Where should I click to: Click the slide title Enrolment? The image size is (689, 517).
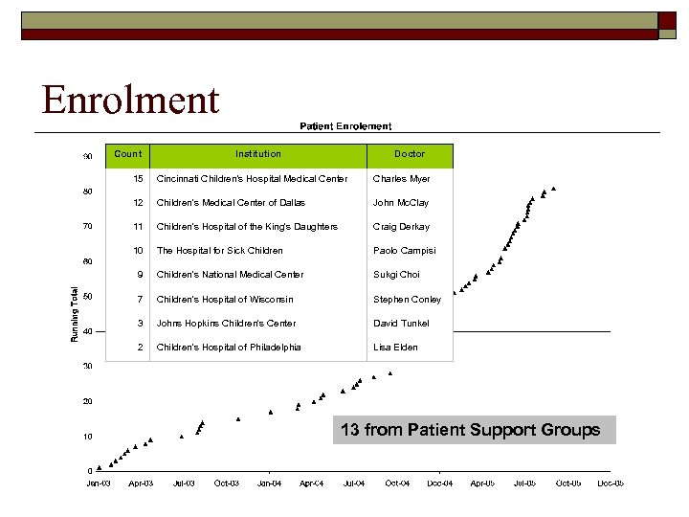[x=130, y=100]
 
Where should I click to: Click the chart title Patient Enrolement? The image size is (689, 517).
[x=345, y=125]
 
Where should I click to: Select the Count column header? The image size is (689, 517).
[x=127, y=154]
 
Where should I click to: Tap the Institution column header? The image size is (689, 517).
[x=258, y=154]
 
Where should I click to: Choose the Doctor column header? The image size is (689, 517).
[x=410, y=154]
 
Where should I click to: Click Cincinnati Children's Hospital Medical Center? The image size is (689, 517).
[x=252, y=179]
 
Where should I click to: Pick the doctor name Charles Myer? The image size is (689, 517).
[x=401, y=179]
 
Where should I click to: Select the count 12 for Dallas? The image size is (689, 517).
[x=138, y=203]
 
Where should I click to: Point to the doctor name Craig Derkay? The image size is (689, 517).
[x=401, y=227]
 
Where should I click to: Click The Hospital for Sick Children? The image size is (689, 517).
[x=219, y=251]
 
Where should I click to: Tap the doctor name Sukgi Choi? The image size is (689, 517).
[x=396, y=275]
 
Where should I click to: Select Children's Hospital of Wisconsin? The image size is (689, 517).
[x=225, y=300]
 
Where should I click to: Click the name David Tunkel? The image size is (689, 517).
[x=401, y=324]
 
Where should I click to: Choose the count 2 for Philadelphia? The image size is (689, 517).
[x=140, y=348]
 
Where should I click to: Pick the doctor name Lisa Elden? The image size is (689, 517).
[x=395, y=348]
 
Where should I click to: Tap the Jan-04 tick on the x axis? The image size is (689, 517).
[x=269, y=483]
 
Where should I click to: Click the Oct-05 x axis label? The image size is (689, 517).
[x=567, y=483]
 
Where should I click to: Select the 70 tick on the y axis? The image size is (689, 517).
[x=87, y=227]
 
